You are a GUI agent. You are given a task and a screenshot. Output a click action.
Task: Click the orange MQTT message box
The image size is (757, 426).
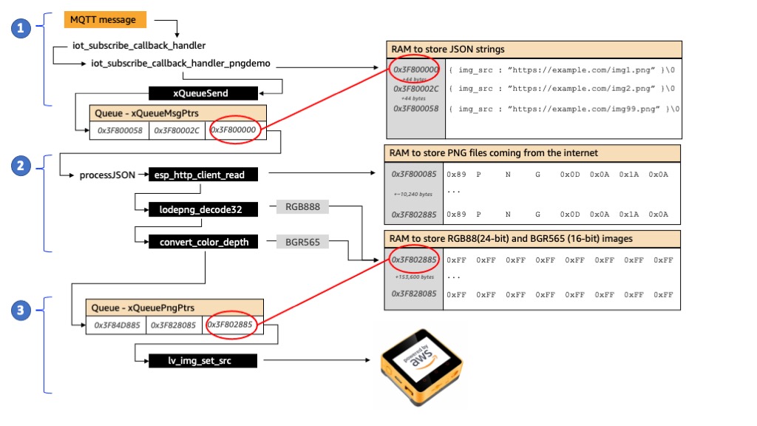(104, 20)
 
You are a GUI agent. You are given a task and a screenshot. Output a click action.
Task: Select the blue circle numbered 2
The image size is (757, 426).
(21, 167)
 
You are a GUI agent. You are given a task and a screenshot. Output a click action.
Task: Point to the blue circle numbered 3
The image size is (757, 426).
(21, 311)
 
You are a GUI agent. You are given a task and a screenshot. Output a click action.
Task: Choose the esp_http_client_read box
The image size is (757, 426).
(202, 175)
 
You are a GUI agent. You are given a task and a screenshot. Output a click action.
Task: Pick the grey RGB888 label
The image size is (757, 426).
(302, 207)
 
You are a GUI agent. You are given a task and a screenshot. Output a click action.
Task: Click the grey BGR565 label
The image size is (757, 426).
(302, 242)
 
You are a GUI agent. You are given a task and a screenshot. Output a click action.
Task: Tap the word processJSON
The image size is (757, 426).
(108, 175)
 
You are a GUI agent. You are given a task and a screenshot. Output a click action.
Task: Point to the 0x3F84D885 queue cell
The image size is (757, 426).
(118, 325)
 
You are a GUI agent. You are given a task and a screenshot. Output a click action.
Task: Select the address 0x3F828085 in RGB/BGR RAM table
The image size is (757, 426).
(415, 294)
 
